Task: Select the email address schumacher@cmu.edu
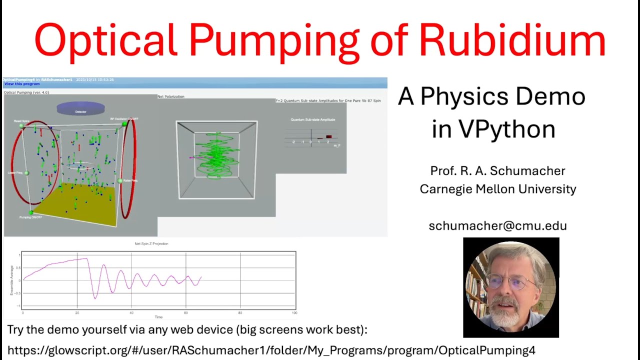tap(497, 225)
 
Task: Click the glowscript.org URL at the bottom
tap(271, 350)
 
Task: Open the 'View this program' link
tap(22, 84)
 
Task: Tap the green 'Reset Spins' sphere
tap(22, 126)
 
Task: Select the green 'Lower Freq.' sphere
tap(26, 173)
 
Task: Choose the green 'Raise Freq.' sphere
tap(120, 180)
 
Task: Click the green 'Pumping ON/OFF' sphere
tap(31, 212)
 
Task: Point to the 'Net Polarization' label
tap(171, 96)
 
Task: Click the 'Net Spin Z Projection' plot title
tap(151, 243)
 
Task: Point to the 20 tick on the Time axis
tap(77, 313)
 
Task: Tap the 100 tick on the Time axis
tap(294, 313)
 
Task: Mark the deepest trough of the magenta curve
tap(95, 298)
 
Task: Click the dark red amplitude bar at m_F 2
tap(328, 136)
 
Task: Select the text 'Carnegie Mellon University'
tap(497, 189)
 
